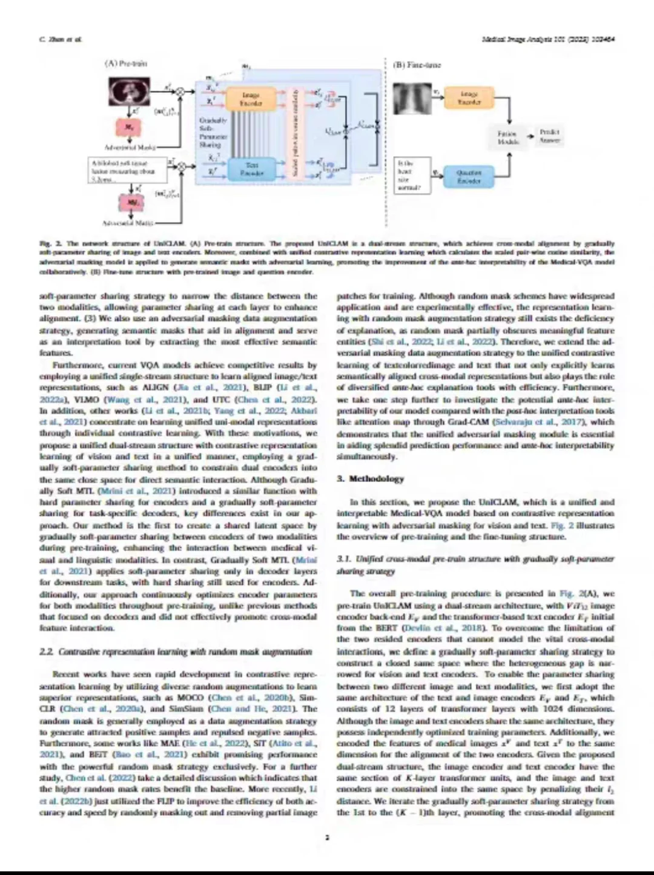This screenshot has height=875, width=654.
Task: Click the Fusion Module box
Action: pos(507,137)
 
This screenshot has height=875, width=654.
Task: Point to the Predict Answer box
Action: pos(550,136)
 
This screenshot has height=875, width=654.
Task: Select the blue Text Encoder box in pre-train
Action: pos(251,169)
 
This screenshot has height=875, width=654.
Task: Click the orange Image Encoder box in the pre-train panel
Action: pos(251,99)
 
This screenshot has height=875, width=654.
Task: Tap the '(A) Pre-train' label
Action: pos(126,63)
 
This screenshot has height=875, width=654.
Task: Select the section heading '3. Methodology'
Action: pos(370,478)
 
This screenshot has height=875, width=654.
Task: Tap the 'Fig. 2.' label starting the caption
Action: pos(46,243)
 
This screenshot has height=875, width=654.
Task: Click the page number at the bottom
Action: pos(327,838)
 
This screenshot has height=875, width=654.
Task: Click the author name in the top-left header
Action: pos(52,39)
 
